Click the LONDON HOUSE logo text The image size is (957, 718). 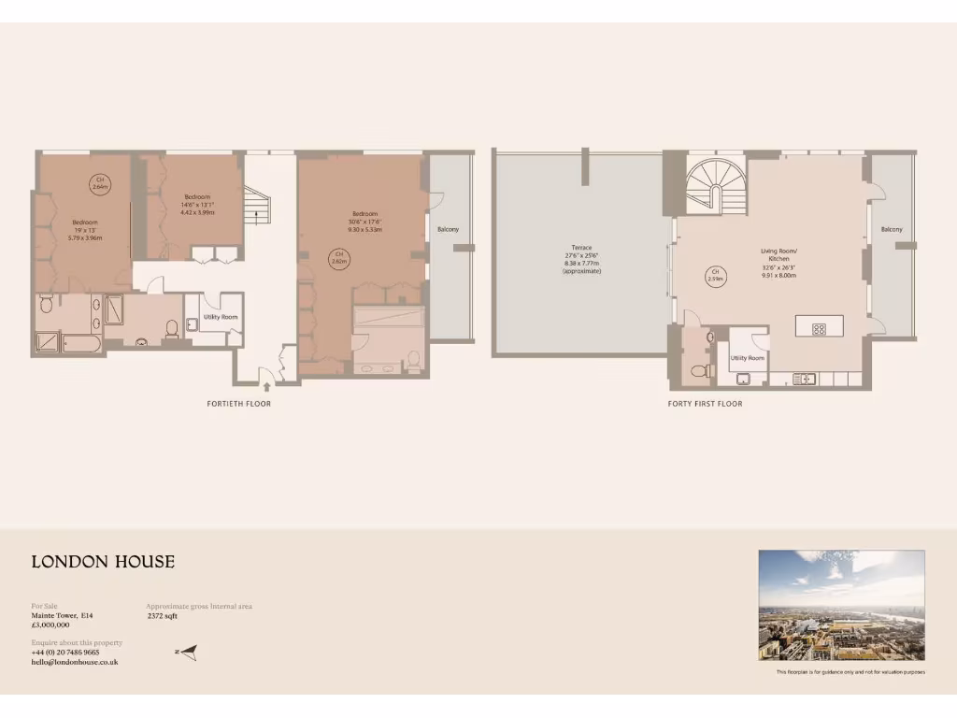[103, 562]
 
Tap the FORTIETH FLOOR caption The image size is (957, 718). [239, 404]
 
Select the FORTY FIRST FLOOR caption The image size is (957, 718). [705, 404]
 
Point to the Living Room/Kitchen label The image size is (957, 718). [778, 254]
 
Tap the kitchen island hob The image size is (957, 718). [818, 328]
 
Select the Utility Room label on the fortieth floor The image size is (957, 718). [221, 318]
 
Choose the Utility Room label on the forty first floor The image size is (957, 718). [748, 358]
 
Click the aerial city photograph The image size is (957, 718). [841, 605]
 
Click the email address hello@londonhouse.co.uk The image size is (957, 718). [75, 662]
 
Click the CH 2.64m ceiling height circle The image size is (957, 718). [100, 183]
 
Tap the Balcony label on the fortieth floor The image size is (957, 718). [448, 229]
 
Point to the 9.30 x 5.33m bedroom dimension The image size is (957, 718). [364, 229]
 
